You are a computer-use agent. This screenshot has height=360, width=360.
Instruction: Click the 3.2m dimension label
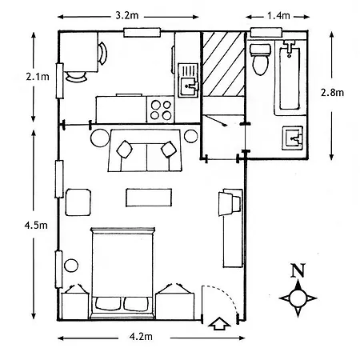click(x=127, y=15)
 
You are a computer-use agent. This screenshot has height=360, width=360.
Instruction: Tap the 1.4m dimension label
click(x=278, y=16)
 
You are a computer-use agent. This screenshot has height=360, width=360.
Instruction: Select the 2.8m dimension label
click(x=332, y=93)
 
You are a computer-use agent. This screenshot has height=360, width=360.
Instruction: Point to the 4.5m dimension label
click(x=36, y=226)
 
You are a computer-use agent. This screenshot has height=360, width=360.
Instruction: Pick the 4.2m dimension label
click(x=141, y=337)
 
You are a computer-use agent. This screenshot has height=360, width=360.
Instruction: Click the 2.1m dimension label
click(x=38, y=77)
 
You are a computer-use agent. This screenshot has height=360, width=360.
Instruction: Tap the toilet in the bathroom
click(x=260, y=59)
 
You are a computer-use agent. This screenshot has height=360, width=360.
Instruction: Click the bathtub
click(x=290, y=78)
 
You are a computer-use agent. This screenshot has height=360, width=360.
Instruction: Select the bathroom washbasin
click(x=293, y=138)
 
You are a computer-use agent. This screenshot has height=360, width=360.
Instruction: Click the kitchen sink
click(x=189, y=81)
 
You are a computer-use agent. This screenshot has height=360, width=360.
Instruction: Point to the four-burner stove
click(x=161, y=110)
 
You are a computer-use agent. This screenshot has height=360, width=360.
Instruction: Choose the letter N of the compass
click(x=298, y=270)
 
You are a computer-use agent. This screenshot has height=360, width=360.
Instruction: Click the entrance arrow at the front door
click(x=219, y=323)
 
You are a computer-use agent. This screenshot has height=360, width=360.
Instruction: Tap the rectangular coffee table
click(x=149, y=198)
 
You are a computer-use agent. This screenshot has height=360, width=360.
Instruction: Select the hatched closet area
click(x=223, y=64)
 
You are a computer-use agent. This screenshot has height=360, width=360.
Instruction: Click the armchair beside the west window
click(x=78, y=202)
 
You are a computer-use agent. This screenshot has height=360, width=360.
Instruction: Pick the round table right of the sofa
click(x=191, y=136)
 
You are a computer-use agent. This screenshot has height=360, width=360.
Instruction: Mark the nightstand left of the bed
click(x=75, y=306)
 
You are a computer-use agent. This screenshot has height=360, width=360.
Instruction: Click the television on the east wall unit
click(x=230, y=203)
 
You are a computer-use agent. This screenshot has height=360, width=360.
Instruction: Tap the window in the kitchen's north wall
click(x=142, y=32)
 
